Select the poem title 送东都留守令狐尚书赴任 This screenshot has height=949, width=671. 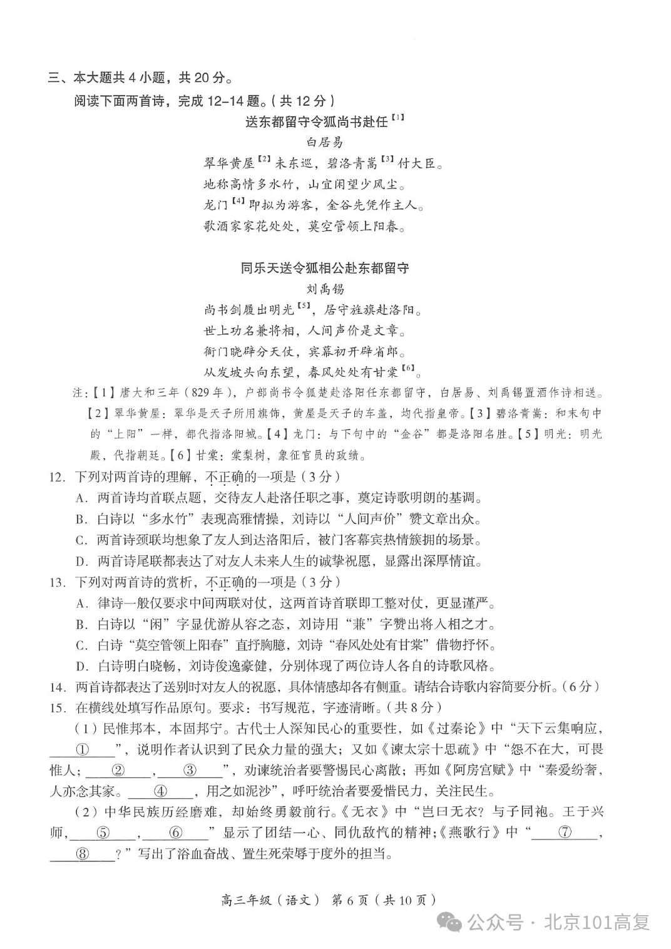click(x=316, y=121)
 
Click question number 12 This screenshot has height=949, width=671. click(x=57, y=477)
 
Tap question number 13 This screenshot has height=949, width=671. click(x=57, y=582)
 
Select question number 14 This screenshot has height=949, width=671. click(x=57, y=687)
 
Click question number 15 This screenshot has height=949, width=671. click(x=57, y=708)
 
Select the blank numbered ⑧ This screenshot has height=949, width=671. click(x=83, y=854)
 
